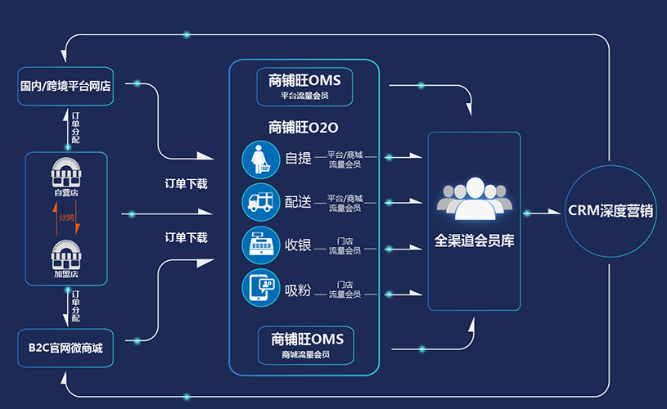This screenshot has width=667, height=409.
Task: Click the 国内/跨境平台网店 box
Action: click(x=65, y=85)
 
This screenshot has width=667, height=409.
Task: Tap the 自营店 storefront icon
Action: click(x=67, y=175)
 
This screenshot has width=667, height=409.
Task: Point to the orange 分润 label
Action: click(x=65, y=218)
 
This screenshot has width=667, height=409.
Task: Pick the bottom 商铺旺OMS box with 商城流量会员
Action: click(x=305, y=345)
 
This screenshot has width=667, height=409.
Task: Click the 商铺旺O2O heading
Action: click(x=304, y=127)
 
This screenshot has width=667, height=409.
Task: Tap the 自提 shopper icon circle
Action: click(x=261, y=160)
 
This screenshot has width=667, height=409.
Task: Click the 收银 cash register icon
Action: click(x=261, y=245)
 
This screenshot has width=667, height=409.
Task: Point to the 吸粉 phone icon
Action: click(x=261, y=288)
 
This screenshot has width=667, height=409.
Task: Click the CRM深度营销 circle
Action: click(x=611, y=210)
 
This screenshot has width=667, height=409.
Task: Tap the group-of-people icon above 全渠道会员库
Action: click(x=474, y=199)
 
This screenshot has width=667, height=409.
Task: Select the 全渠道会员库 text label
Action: click(x=474, y=242)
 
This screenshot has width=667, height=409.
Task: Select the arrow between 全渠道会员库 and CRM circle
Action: click(x=542, y=213)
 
